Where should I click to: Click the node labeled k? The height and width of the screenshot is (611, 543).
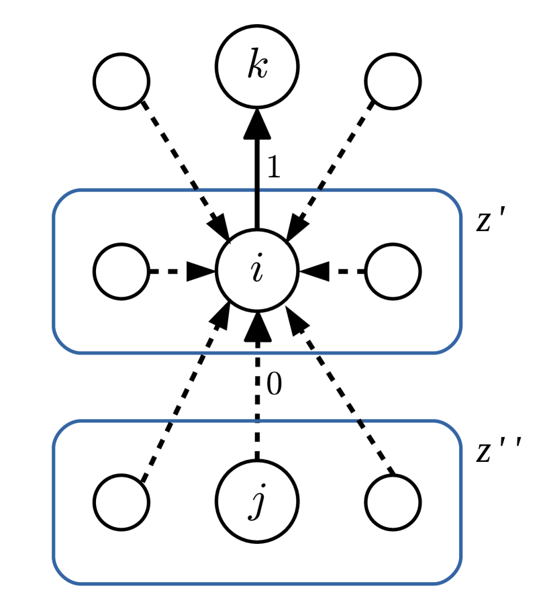[x=256, y=66]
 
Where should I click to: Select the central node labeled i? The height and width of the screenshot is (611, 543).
[x=256, y=271]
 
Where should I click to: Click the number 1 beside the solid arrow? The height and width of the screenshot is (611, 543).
[x=273, y=168]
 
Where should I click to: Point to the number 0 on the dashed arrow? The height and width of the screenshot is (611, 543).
[x=273, y=384]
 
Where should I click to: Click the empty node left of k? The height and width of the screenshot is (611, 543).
[x=121, y=81]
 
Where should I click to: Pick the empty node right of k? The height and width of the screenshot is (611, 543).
[x=393, y=81]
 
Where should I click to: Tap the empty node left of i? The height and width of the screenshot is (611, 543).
[x=121, y=272]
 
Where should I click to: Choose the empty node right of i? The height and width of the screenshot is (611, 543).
[x=393, y=272]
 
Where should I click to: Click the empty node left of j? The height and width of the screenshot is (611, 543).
[x=121, y=502]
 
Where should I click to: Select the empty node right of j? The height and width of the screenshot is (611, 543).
[x=393, y=502]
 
